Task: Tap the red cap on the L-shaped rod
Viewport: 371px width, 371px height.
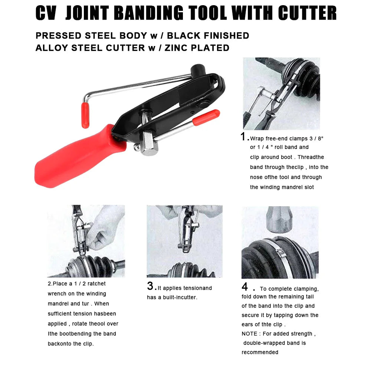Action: (85, 115)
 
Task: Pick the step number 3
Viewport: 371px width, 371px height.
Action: (150, 286)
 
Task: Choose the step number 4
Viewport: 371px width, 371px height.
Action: (245, 287)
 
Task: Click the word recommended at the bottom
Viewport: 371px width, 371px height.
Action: (260, 352)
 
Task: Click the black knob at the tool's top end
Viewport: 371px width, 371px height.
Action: (197, 69)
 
